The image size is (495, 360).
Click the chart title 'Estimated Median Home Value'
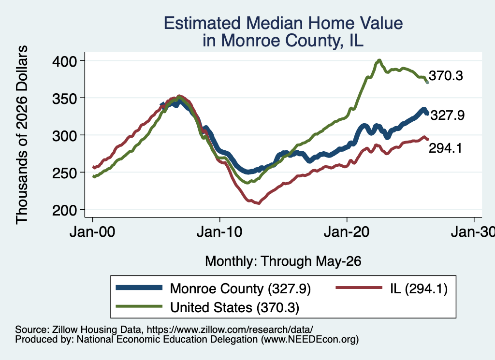point(283,23)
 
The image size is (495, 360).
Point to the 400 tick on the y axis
point(64,61)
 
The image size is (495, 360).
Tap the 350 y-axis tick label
point(64,99)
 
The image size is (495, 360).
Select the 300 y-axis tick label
point(64,136)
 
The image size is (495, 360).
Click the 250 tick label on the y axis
point(64,173)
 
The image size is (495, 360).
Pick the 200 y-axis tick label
point(64,210)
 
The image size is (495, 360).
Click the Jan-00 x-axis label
point(92,232)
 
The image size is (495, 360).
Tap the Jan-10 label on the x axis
point(219,232)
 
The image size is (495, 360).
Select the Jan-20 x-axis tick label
point(347,232)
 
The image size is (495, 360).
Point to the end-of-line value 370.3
point(446,76)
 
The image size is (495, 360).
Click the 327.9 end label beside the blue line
point(447,115)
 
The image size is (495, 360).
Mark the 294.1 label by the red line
point(445,148)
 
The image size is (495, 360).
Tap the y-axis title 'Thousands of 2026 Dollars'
point(22,135)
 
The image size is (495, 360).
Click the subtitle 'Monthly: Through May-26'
point(283,261)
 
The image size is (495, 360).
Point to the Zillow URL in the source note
point(230,330)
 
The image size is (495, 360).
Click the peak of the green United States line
point(379,60)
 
